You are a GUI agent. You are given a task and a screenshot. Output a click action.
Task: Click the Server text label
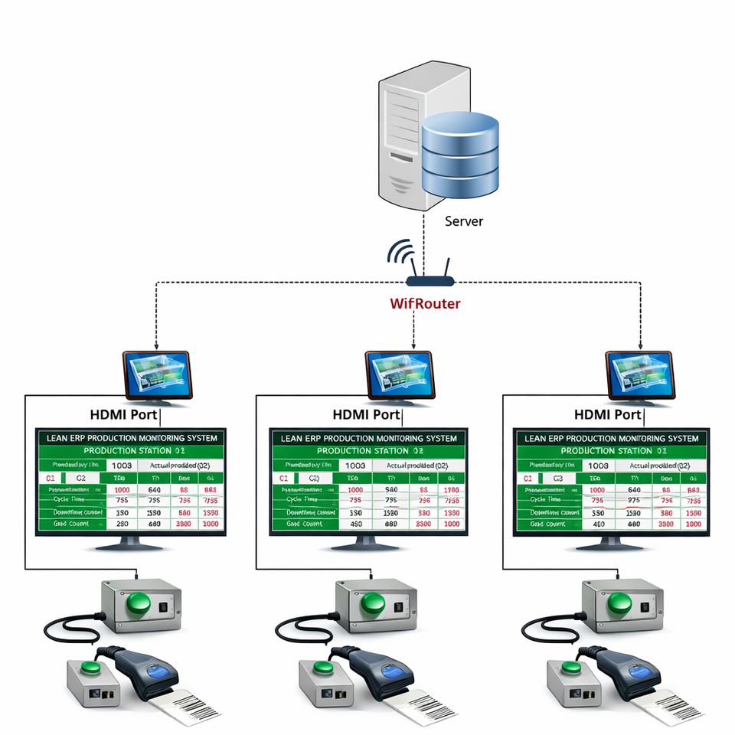click(x=464, y=221)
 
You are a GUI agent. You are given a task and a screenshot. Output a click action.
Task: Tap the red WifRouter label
click(x=425, y=303)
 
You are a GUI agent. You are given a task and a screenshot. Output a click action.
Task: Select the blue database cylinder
click(x=459, y=153)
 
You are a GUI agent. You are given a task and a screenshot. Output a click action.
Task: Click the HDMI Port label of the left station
click(x=124, y=415)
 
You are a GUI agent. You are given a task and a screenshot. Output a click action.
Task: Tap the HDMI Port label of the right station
click(x=607, y=415)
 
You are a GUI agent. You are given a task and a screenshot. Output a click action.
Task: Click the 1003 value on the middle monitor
click(x=354, y=465)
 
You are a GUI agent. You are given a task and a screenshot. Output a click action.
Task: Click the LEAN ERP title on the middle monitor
click(x=369, y=439)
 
